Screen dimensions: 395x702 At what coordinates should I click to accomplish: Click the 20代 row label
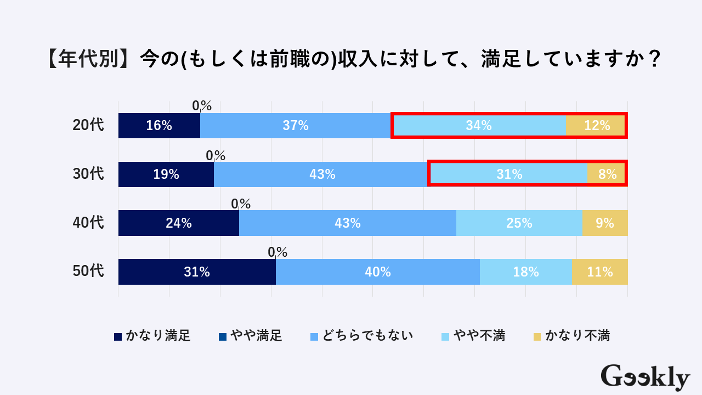88,126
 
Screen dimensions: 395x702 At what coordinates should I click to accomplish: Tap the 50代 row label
88,271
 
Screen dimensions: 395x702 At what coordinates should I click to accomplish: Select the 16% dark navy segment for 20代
159,126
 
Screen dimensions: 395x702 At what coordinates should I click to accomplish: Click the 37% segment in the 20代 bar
296,126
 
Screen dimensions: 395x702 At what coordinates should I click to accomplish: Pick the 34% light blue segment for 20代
478,126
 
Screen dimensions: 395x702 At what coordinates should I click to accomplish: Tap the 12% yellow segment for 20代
597,126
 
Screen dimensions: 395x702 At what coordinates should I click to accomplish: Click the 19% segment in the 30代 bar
166,174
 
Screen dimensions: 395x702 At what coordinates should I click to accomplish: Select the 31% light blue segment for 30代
509,174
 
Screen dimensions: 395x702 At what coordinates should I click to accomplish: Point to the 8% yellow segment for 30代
608,174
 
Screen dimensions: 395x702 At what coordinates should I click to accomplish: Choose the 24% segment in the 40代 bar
179,223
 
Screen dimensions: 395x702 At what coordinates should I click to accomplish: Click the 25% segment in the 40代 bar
519,223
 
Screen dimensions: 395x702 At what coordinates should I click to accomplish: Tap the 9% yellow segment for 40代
605,223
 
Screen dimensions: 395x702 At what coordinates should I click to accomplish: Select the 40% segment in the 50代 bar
378,272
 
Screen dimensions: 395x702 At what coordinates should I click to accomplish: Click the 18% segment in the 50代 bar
526,272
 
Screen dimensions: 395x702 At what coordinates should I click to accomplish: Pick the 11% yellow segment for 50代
600,272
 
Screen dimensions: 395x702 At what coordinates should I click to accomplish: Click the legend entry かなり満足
152,336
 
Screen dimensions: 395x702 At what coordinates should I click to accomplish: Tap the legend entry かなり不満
571,336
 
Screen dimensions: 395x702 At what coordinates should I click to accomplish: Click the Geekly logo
645,378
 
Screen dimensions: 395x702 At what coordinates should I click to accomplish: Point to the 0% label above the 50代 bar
278,252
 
